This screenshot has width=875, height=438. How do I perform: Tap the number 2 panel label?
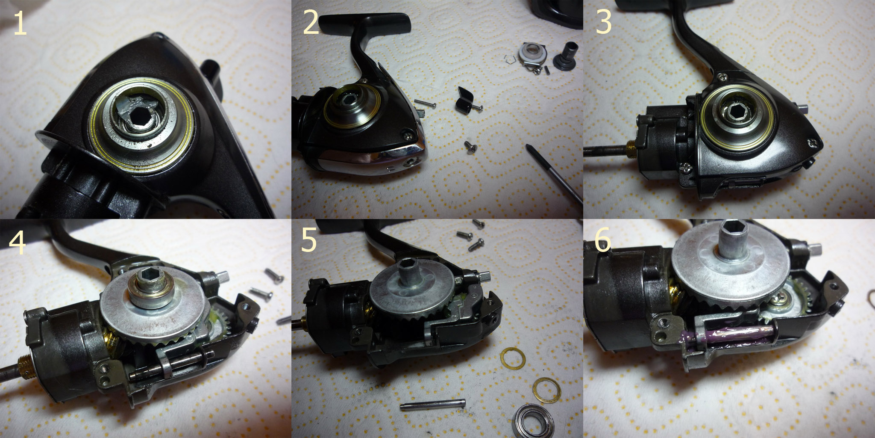(311, 23)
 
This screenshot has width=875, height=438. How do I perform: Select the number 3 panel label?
(603, 21)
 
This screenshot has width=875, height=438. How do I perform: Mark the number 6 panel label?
(602, 241)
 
